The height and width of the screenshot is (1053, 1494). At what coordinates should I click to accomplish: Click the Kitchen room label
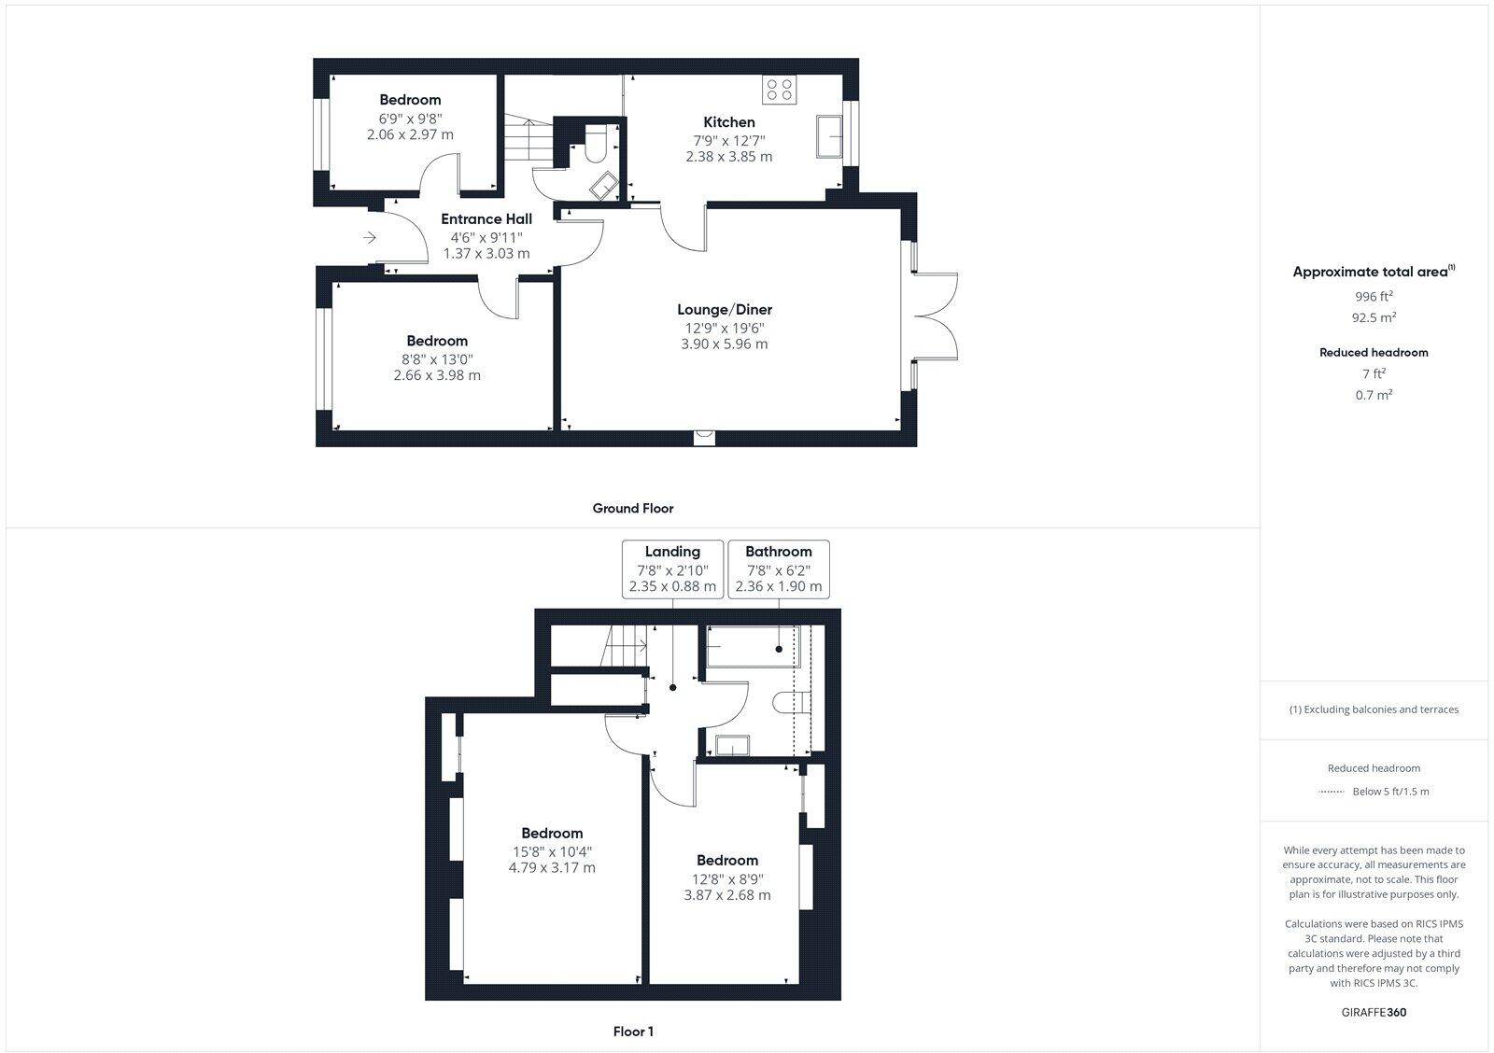728,122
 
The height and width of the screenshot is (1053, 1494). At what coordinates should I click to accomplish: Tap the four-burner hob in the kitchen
779,90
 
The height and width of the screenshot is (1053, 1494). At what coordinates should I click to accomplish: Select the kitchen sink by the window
828,136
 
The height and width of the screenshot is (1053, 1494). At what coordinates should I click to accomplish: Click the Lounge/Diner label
724,310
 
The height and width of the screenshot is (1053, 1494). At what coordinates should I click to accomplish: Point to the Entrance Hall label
486,219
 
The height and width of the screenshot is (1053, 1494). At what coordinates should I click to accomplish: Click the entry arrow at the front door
370,238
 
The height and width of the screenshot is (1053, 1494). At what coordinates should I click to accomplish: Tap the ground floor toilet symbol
597,147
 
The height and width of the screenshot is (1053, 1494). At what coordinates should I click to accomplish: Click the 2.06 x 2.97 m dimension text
410,134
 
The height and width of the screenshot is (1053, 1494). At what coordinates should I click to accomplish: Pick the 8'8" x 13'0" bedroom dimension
437,358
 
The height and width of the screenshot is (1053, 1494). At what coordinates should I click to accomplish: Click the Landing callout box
672,569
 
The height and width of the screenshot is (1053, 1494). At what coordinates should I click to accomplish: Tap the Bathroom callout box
778,569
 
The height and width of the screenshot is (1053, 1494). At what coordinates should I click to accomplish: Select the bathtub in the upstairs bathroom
753,646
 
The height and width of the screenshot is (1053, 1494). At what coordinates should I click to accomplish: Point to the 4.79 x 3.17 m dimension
551,868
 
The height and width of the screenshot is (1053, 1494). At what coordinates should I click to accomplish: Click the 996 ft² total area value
1374,297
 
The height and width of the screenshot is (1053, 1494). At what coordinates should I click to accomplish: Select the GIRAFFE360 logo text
1374,1012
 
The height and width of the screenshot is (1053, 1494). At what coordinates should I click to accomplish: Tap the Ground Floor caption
632,509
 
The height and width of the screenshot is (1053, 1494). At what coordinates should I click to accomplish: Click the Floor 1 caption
632,1032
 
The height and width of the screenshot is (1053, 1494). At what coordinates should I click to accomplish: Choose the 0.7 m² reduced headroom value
1374,395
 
